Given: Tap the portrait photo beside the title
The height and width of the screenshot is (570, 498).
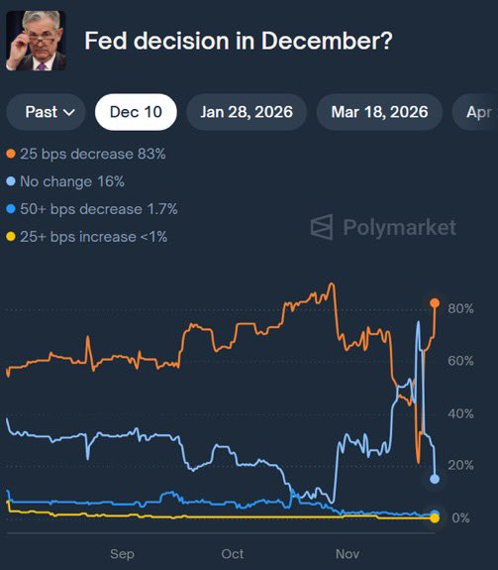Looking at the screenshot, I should [x=37, y=41].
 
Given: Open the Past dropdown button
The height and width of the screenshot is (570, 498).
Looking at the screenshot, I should [x=49, y=112].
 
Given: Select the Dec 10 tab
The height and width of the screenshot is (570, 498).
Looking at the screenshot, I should [x=136, y=112].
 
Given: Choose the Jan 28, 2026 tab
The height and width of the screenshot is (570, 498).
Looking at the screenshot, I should [x=247, y=112].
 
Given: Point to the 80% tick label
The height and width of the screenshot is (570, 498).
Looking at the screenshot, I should [x=460, y=308].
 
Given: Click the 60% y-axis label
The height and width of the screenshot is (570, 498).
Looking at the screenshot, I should [x=460, y=361].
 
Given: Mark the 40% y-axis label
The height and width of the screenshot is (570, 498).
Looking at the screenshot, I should [x=460, y=413].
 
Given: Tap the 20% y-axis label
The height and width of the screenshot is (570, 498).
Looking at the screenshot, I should [x=460, y=466].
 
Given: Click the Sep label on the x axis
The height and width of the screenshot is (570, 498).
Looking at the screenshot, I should [x=122, y=554].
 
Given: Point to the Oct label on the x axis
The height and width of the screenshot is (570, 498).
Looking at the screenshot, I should [x=233, y=554].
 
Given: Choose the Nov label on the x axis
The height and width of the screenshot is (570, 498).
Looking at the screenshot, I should [x=347, y=554].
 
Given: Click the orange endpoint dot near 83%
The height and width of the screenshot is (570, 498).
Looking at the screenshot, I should [x=435, y=302].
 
